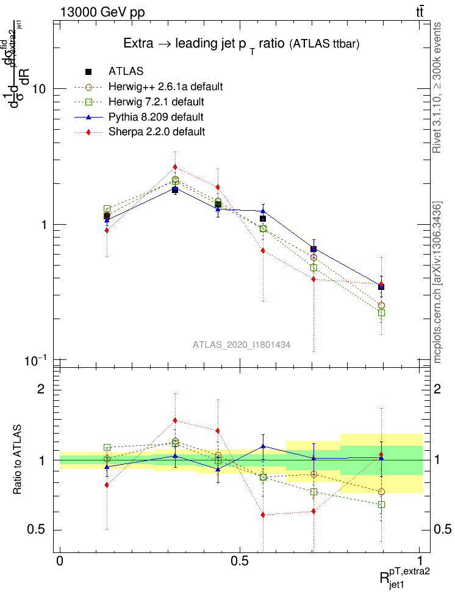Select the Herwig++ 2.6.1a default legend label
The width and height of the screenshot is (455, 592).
click(x=165, y=86)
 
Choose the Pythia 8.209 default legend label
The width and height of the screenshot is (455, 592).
click(x=156, y=116)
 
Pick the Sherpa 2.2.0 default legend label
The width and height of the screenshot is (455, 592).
click(x=156, y=131)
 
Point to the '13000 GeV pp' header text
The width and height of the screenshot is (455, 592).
click(x=102, y=12)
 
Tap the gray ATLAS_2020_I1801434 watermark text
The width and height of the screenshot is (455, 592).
click(x=242, y=345)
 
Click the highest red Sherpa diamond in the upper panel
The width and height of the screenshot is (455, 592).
click(x=175, y=167)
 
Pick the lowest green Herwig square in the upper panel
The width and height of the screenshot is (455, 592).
click(x=381, y=312)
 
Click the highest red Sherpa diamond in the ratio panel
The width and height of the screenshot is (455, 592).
click(x=175, y=420)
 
